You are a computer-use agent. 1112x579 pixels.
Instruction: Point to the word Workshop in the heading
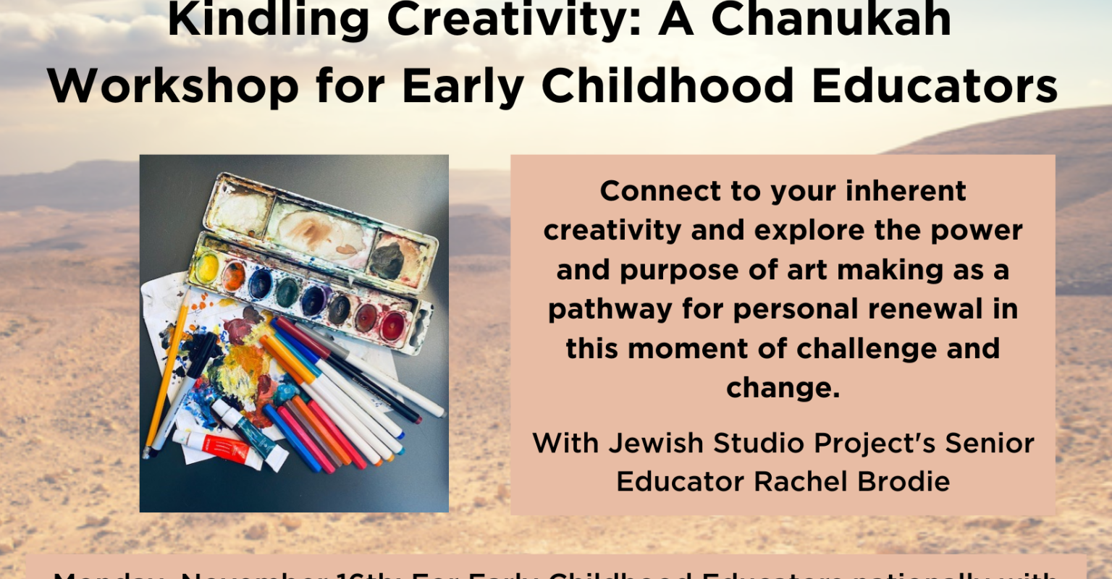(174, 87)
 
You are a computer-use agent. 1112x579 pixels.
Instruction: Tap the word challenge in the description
(854, 349)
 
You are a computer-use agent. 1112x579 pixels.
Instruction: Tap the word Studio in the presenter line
(746, 443)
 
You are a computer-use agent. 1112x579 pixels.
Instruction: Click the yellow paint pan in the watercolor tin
(208, 268)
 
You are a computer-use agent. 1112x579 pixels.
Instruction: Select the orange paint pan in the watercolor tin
(234, 276)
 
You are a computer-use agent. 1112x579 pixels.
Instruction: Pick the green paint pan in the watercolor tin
(287, 291)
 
